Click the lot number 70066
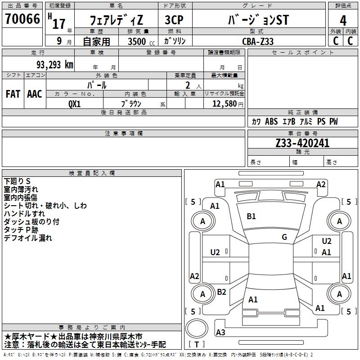[22, 18]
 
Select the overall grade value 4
[343, 21]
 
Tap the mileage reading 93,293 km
[54, 65]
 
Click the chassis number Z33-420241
[302, 143]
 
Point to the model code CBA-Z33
[258, 41]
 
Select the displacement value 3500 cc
[141, 41]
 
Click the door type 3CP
[174, 20]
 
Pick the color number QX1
[75, 104]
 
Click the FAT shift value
[13, 94]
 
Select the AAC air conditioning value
[35, 94]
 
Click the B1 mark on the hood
[251, 216]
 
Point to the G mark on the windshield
[284, 237]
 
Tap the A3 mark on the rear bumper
[220, 332]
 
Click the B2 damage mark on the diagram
[221, 292]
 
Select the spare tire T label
[197, 344]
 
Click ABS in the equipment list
[271, 121]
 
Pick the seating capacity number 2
[188, 85]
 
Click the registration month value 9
[59, 41]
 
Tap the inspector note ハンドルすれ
[24, 214]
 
